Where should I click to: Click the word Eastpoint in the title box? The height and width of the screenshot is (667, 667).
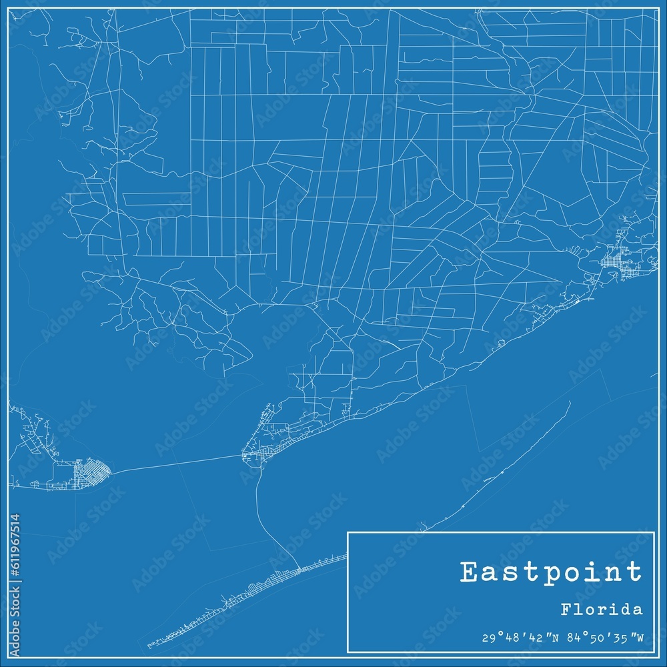(551, 572)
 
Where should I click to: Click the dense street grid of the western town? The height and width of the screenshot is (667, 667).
(87, 473)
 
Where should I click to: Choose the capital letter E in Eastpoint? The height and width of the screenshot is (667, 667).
(470, 572)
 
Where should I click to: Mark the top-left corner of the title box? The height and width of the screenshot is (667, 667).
(348, 532)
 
